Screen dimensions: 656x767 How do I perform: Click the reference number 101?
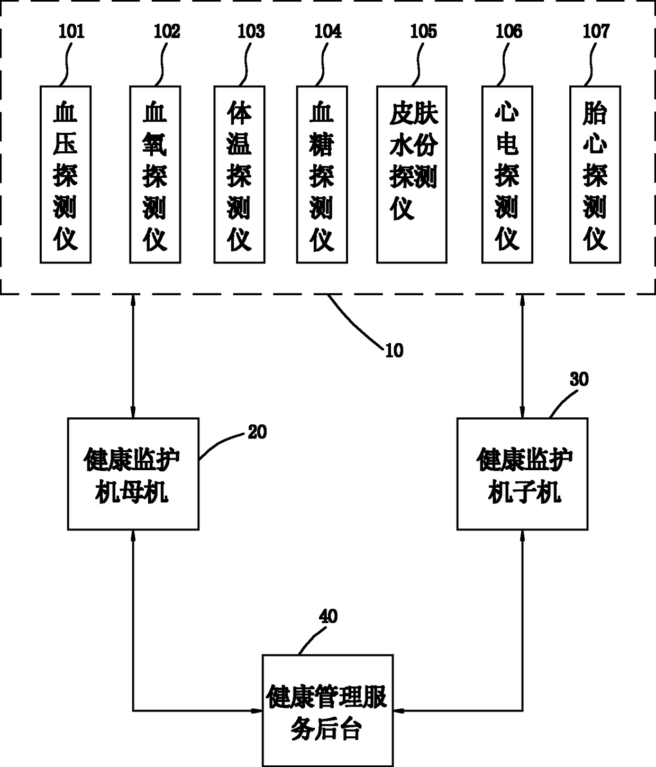pos(71,32)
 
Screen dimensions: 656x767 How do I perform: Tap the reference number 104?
pos(327,32)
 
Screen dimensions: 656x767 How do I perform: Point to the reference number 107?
pos(596,32)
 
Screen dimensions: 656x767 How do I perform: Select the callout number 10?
pos(394,351)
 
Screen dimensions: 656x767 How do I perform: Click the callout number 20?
pos(257,432)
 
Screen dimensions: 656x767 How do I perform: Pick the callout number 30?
pos(579,379)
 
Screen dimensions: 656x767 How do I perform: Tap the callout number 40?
pos(328,616)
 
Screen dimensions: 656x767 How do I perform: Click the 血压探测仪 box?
pos(66,175)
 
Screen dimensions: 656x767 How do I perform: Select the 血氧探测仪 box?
pos(155,175)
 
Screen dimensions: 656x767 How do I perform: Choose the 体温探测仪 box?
pos(239,175)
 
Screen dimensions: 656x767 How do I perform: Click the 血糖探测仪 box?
pos(322,175)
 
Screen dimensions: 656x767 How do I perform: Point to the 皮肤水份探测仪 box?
pos(412,175)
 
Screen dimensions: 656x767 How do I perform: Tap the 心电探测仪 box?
pos(507,175)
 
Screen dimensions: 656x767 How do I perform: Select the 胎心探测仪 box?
pos(595,175)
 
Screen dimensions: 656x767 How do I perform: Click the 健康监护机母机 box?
pos(133,474)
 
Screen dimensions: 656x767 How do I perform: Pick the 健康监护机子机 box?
pos(523,474)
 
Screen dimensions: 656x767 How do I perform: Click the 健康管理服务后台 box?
pos(327,710)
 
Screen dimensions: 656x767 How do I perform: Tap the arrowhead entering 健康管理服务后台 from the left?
pos(257,711)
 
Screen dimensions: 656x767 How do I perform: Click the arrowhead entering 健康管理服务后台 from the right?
pos(398,711)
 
